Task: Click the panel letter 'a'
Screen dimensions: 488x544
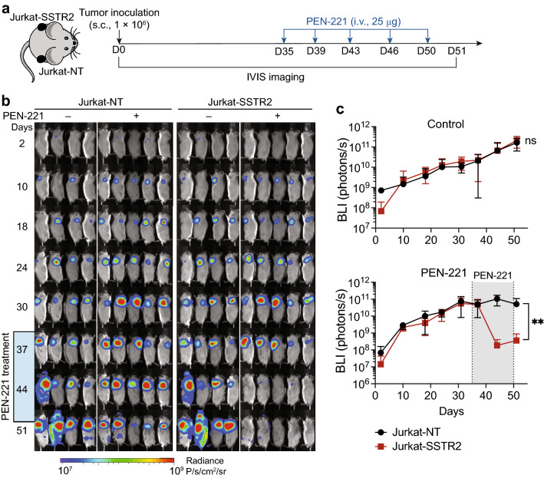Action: [x=6, y=8]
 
